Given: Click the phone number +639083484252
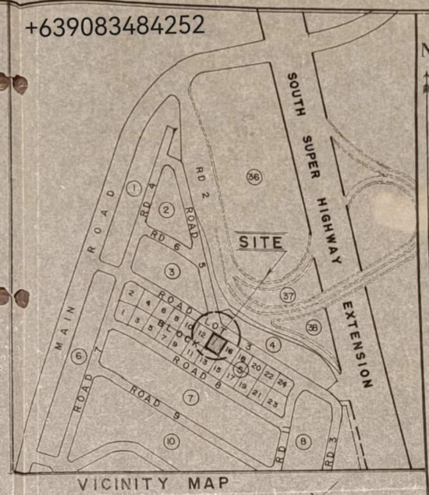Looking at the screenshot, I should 115,26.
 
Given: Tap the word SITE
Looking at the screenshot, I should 261,242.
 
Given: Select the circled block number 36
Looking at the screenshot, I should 253,177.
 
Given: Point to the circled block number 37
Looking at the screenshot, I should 288,296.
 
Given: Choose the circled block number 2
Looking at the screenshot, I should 165,209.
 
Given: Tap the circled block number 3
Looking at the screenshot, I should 172,271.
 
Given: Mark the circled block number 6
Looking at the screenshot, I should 78,356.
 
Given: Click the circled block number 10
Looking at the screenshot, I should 171,442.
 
